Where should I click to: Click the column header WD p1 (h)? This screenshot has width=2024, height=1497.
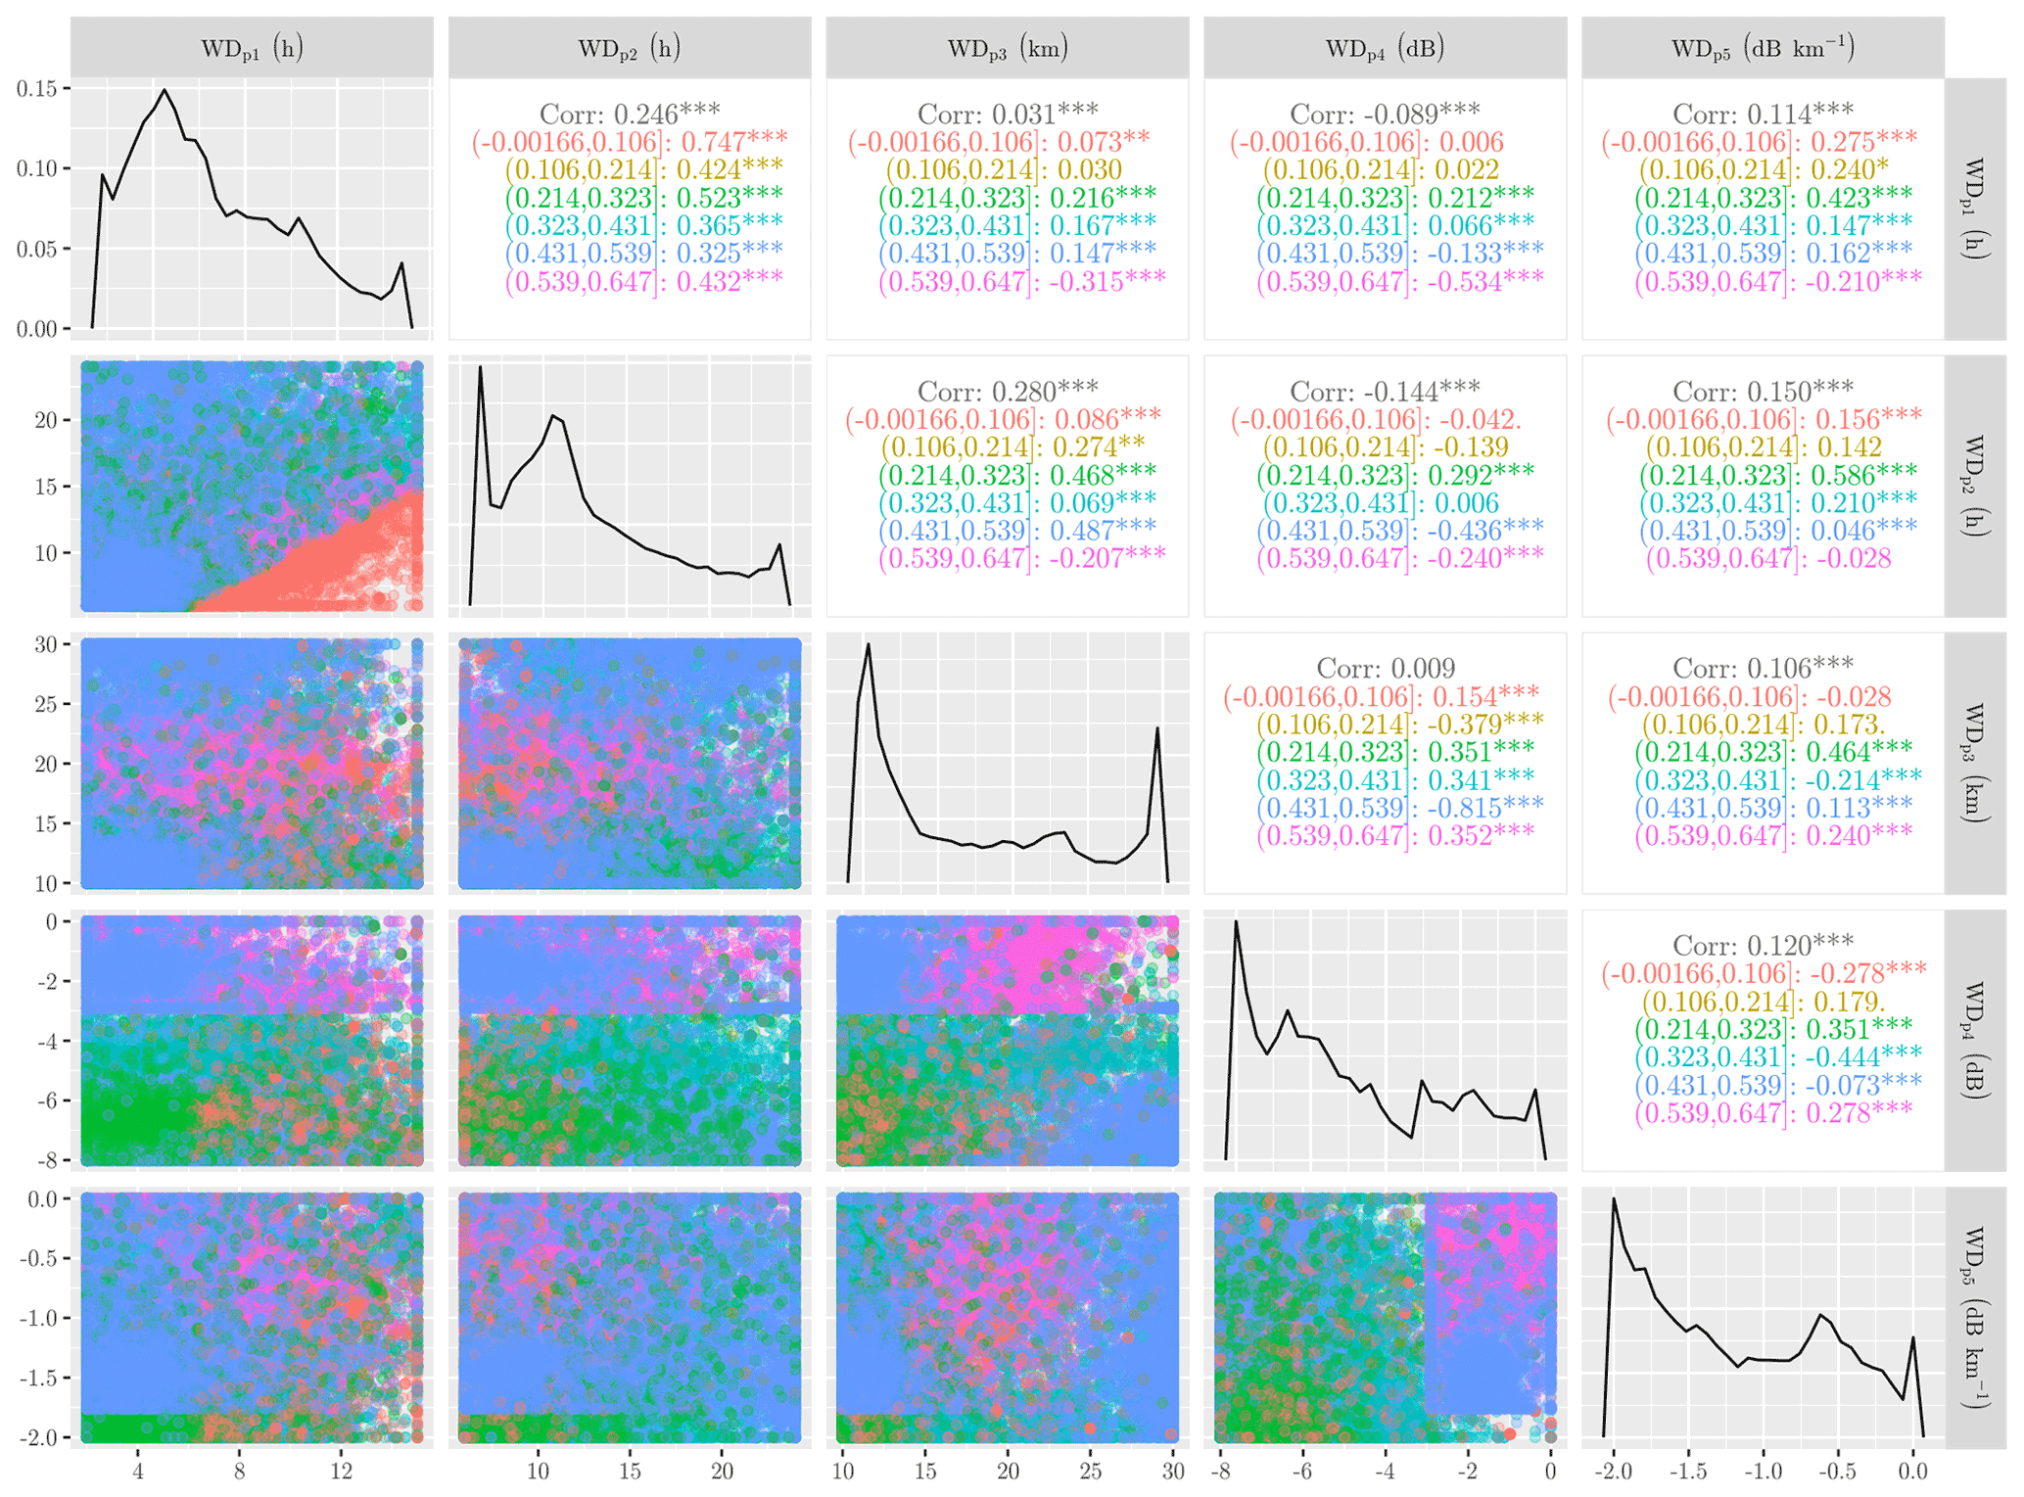(252, 48)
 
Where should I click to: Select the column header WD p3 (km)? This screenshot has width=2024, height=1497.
(1007, 48)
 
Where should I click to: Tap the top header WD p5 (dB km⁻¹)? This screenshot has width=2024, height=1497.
(1763, 48)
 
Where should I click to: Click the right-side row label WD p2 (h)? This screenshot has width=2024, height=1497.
(1975, 486)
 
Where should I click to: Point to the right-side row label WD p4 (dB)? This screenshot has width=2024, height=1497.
(1975, 1040)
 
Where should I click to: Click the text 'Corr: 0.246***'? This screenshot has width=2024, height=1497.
(630, 114)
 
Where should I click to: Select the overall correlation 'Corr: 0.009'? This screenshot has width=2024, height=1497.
(1385, 669)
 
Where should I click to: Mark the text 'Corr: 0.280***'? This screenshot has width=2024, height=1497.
(1007, 392)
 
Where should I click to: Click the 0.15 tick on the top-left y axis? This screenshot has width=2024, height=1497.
(37, 89)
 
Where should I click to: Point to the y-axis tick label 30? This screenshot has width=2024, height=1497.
(45, 644)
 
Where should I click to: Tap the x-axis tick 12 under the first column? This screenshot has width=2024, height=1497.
(341, 1472)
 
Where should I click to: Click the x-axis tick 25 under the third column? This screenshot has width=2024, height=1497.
(1090, 1472)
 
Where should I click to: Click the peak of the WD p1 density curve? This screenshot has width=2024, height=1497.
(165, 90)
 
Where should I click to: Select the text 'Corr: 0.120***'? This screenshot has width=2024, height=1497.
(1763, 946)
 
